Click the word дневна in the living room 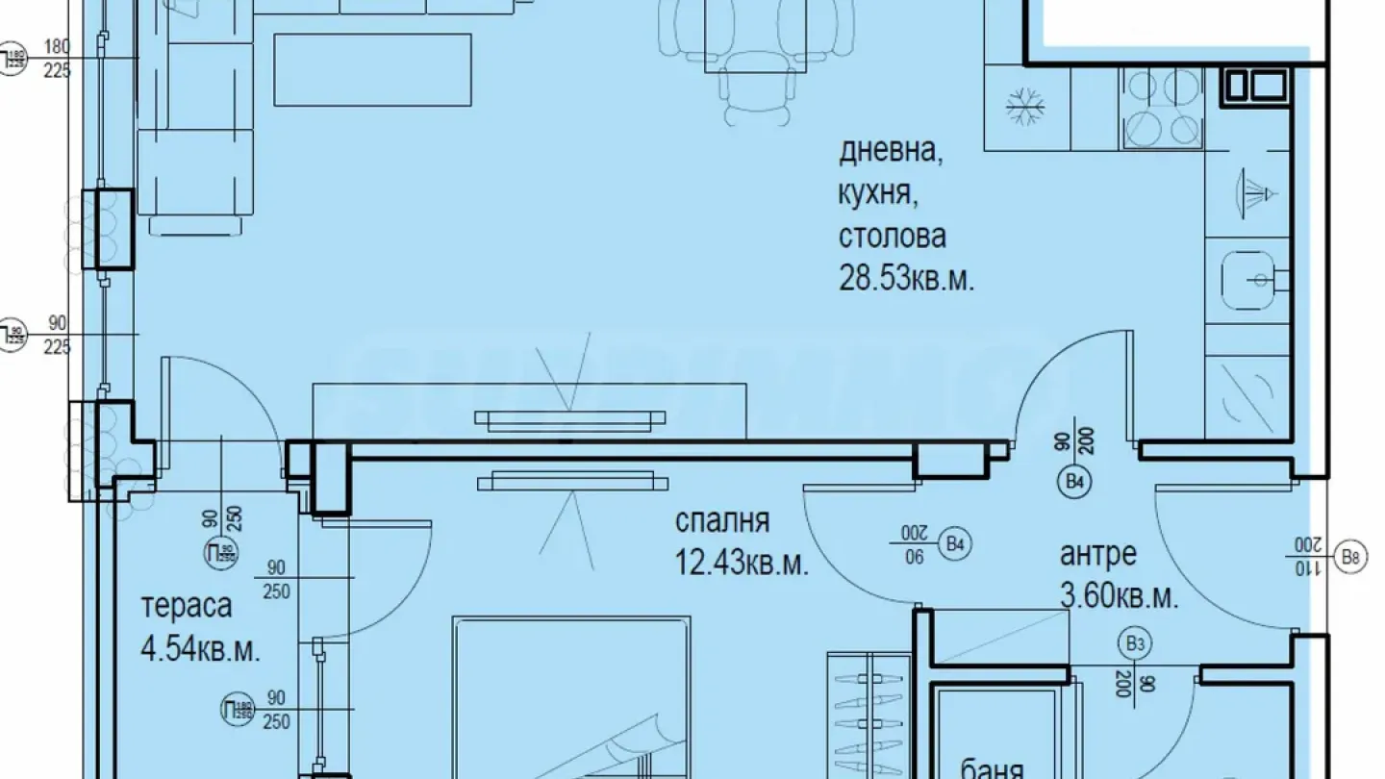(x=891, y=152)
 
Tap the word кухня (x=874, y=194)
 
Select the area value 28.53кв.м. (x=907, y=280)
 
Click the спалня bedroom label (x=721, y=521)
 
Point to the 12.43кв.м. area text (x=741, y=563)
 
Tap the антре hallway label (x=1097, y=555)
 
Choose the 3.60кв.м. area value (x=1119, y=597)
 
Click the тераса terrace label (x=186, y=607)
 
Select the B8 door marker (x=1352, y=555)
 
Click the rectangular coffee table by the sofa (x=373, y=69)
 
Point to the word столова (x=892, y=236)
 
